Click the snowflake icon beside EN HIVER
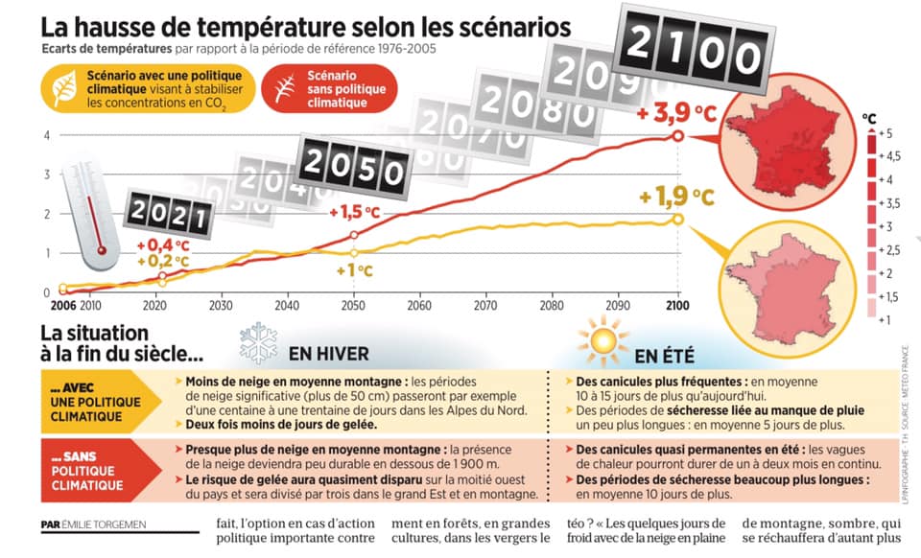pos(258,342)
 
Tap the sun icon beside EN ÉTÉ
pos(602,342)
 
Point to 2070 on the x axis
pos(484,306)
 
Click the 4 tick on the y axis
pos(46,134)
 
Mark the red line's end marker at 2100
pos(678,136)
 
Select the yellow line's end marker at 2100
pos(678,220)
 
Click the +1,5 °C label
pos(354,212)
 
